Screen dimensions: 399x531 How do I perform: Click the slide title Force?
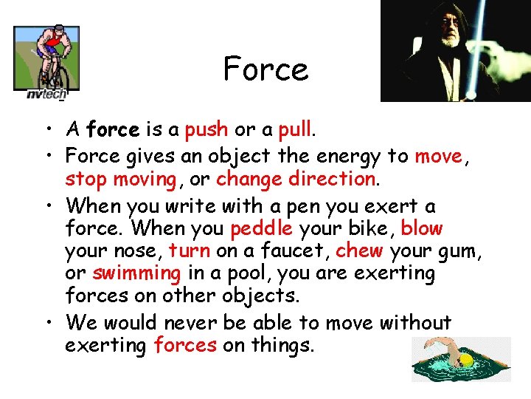point(265,70)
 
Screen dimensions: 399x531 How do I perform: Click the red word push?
point(206,131)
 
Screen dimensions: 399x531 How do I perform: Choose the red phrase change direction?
point(296,180)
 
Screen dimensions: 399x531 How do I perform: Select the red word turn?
point(189,251)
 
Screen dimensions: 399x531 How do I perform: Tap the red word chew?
point(358,251)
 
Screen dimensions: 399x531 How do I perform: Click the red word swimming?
point(136,273)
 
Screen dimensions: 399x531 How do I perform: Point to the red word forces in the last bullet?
point(184,345)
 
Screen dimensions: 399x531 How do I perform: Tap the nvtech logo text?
point(46,94)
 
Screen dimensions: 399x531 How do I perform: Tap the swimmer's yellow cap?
point(465,361)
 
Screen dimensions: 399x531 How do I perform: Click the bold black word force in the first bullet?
point(112,131)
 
